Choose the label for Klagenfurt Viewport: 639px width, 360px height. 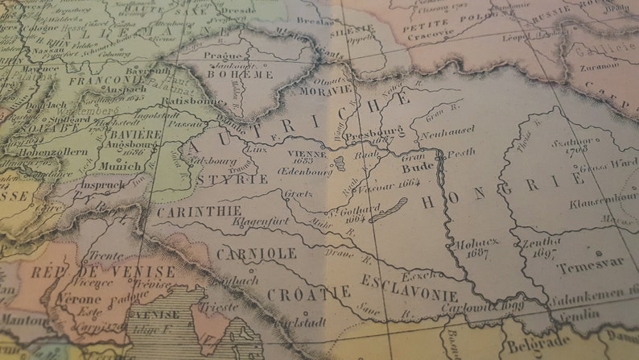click(260, 221)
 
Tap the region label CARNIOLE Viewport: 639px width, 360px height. click(256, 254)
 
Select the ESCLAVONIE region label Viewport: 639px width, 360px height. click(410, 288)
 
